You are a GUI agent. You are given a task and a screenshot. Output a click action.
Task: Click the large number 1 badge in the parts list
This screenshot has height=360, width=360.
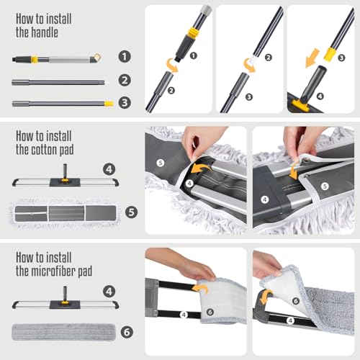pos(125,57)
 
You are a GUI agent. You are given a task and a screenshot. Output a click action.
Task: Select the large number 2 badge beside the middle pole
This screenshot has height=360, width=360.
pos(125,80)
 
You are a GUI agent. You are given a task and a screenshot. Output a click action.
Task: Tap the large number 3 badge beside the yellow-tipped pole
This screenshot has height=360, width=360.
pos(125,102)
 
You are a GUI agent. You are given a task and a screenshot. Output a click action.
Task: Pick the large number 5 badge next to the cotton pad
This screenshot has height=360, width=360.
pos(132,212)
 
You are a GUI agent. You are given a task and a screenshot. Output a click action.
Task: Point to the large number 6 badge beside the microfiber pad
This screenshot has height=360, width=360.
pos(127,332)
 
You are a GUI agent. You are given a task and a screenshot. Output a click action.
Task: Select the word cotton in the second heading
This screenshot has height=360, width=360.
pos(44,150)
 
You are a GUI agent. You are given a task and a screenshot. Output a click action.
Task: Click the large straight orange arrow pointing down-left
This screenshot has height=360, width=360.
pos(312,58)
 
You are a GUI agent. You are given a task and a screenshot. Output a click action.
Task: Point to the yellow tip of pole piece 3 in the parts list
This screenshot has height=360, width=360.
pos(109,104)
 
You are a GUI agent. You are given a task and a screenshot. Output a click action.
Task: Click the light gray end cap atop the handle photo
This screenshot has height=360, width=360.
pos(206,10)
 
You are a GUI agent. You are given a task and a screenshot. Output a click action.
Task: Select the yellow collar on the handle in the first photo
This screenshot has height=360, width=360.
pos(194,33)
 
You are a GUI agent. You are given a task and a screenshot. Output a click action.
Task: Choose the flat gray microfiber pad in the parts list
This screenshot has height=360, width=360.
pos(63,332)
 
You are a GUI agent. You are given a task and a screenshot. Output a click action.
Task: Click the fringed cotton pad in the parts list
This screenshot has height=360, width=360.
pos(63,213)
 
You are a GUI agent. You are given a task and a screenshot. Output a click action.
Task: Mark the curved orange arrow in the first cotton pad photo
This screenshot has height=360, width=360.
pos(201,168)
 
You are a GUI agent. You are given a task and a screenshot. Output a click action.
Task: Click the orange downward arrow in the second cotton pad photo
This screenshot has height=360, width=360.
pos(293,172)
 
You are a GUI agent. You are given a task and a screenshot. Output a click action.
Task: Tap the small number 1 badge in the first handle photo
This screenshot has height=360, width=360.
pos(194,55)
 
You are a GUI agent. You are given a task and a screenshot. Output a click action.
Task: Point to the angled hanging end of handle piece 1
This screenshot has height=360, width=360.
pos(96,58)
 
